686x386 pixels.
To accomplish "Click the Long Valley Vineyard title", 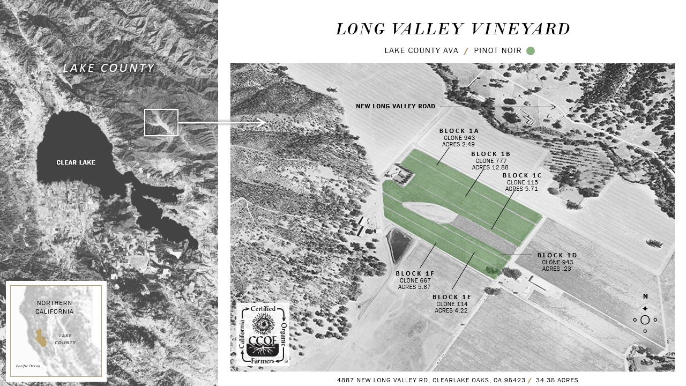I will point(453,29).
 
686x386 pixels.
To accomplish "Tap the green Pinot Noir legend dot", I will point(530,51).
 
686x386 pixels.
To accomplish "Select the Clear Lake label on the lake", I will point(76,162).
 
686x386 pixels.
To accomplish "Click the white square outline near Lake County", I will point(161,122).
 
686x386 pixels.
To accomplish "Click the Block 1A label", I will point(459,131).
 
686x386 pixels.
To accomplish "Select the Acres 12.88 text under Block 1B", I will point(490,167).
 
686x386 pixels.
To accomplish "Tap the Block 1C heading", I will point(522,175).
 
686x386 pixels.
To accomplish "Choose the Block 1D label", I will point(557,255).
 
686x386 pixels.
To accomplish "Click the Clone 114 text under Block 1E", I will point(451,304).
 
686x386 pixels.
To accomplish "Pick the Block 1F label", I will point(415,273).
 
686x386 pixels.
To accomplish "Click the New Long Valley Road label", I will point(396,107).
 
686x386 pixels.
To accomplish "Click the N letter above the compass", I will point(645,296).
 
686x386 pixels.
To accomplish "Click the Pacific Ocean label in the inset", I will point(28,366).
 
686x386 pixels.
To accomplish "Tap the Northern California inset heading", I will point(55,307).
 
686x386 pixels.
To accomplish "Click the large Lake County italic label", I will point(109,68).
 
